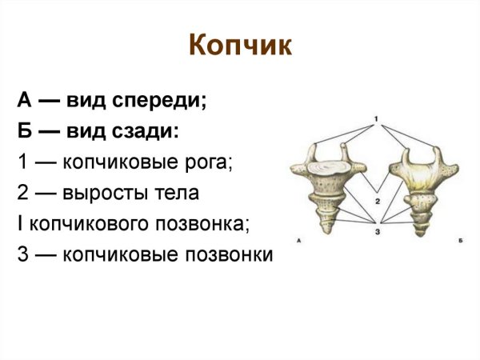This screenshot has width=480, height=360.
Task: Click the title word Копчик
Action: [240, 46]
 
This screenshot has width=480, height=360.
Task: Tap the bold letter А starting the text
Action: [23, 102]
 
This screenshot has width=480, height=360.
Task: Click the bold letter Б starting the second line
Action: [23, 131]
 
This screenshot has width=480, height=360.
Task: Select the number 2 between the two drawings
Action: [376, 202]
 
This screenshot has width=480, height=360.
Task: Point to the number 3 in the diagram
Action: [376, 231]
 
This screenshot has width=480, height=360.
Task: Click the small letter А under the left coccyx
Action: [298, 240]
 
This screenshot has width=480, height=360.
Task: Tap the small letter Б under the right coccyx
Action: [454, 240]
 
